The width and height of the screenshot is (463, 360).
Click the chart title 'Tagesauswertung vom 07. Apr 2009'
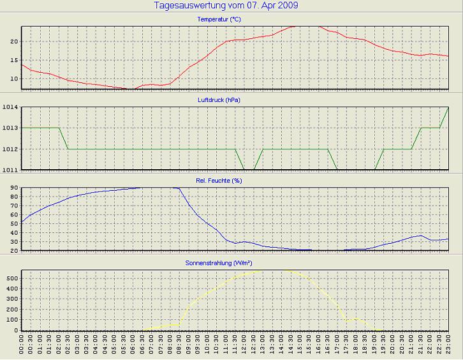click(x=226, y=6)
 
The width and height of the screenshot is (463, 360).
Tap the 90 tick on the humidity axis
click(x=13, y=189)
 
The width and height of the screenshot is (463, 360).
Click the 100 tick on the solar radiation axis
click(x=11, y=320)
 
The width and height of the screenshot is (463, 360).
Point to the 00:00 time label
click(x=22, y=348)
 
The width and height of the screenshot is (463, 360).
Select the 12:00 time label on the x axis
click(x=245, y=348)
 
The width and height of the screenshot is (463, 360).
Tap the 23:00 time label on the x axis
click(x=448, y=348)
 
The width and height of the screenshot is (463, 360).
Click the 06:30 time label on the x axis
click(x=143, y=348)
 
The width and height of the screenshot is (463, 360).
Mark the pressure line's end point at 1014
click(x=448, y=108)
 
